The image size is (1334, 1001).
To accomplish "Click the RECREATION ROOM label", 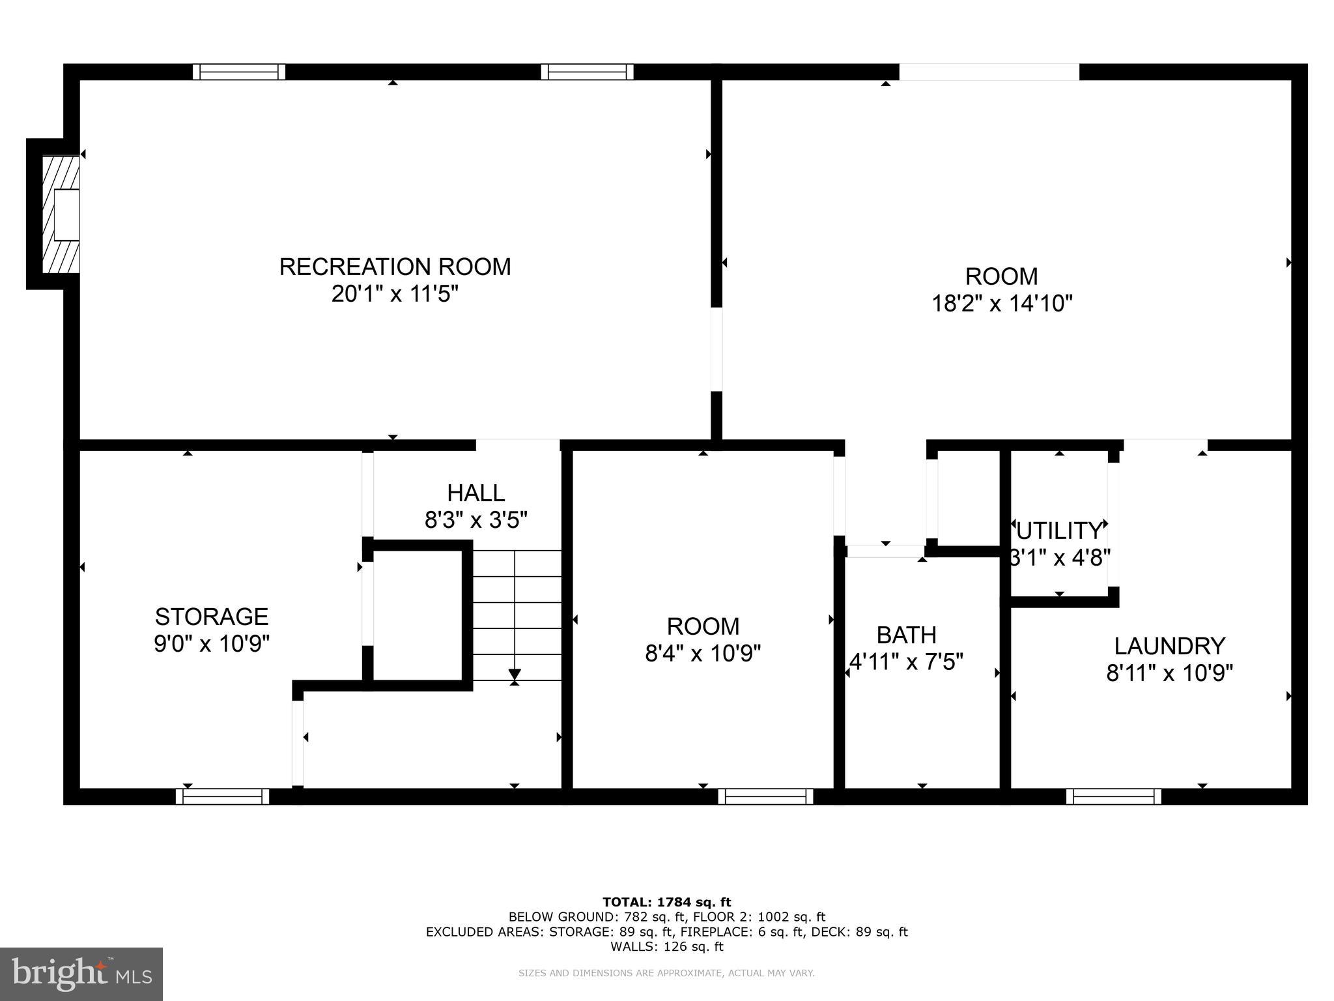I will pyautogui.click(x=395, y=267).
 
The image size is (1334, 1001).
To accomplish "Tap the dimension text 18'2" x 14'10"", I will pyautogui.click(x=1001, y=304).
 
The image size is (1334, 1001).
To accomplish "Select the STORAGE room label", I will pyautogui.click(x=211, y=616).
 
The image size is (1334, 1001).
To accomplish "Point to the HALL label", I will pyautogui.click(x=475, y=493).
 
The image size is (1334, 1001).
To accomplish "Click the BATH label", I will pyautogui.click(x=906, y=634).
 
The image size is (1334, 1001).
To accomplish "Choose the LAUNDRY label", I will pyautogui.click(x=1169, y=646).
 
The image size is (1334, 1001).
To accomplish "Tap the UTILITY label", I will pyautogui.click(x=1059, y=531).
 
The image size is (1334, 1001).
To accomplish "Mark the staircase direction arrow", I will pyautogui.click(x=515, y=675).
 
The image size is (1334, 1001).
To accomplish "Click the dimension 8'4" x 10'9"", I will pyautogui.click(x=703, y=653).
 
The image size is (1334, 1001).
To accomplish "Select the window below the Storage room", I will pyautogui.click(x=222, y=796).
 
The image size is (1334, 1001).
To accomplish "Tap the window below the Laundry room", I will pyautogui.click(x=1113, y=796).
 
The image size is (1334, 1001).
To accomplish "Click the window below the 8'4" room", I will pyautogui.click(x=765, y=796).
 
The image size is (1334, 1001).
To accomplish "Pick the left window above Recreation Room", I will pyautogui.click(x=239, y=72).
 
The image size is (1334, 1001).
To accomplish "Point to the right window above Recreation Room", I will pyautogui.click(x=587, y=72).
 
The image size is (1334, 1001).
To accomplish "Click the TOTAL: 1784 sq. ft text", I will pyautogui.click(x=666, y=902).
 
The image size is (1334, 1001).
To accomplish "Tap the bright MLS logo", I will pyautogui.click(x=81, y=974).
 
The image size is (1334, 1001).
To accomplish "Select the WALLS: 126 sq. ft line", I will pyautogui.click(x=666, y=946).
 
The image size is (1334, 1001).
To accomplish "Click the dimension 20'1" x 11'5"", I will pyautogui.click(x=395, y=294).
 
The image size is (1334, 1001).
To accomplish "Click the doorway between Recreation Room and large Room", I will pyautogui.click(x=717, y=349).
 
